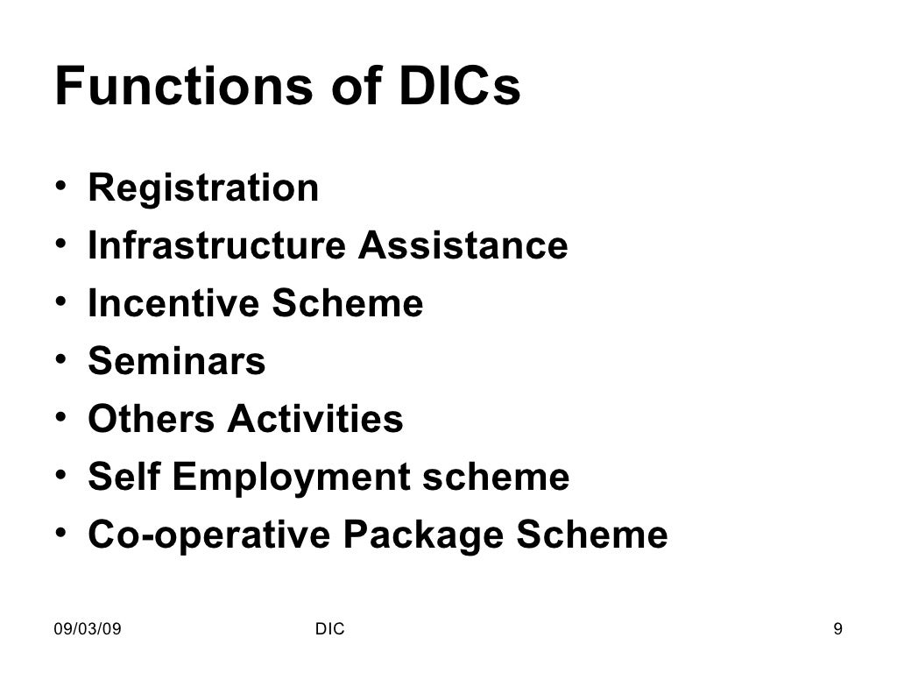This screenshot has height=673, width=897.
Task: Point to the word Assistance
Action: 462,246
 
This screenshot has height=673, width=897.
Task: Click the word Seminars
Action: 176,361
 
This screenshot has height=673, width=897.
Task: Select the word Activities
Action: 315,419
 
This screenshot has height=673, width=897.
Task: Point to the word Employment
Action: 290,478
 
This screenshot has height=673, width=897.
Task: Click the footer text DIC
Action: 328,629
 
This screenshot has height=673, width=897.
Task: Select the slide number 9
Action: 838,629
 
